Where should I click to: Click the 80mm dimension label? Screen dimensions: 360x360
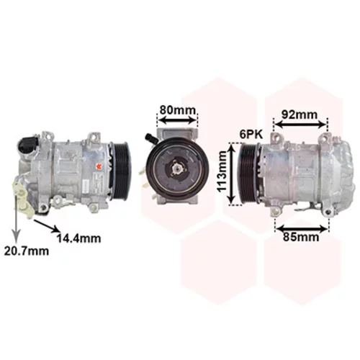(178, 110)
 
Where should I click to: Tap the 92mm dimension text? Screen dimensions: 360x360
(300, 114)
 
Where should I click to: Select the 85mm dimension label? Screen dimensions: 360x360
(301, 237)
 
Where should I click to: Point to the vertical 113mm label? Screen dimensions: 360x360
(222, 171)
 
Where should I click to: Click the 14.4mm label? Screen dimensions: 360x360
(79, 238)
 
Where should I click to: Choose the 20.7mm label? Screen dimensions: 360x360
(27, 251)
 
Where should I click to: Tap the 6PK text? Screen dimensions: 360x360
(251, 135)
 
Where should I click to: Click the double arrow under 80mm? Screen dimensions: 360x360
(178, 120)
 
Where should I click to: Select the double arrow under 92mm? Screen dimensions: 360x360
(300, 124)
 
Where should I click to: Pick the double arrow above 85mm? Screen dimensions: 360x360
(302, 228)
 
